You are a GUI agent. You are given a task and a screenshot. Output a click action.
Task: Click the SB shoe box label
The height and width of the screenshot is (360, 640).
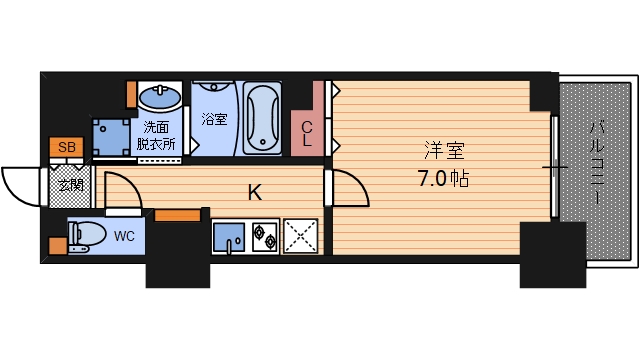(66, 148)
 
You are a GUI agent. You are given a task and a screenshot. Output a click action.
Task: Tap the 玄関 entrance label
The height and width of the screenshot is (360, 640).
(68, 185)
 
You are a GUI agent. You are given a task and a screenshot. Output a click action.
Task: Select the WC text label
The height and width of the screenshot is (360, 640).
(124, 237)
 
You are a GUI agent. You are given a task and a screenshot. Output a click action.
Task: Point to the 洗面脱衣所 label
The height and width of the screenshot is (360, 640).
(156, 135)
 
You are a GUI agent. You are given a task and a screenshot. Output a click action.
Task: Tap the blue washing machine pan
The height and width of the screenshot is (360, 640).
(110, 134)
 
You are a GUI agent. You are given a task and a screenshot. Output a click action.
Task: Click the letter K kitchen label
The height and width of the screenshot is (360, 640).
(255, 192)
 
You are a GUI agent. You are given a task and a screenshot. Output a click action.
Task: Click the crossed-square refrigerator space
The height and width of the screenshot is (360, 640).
(301, 238)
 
